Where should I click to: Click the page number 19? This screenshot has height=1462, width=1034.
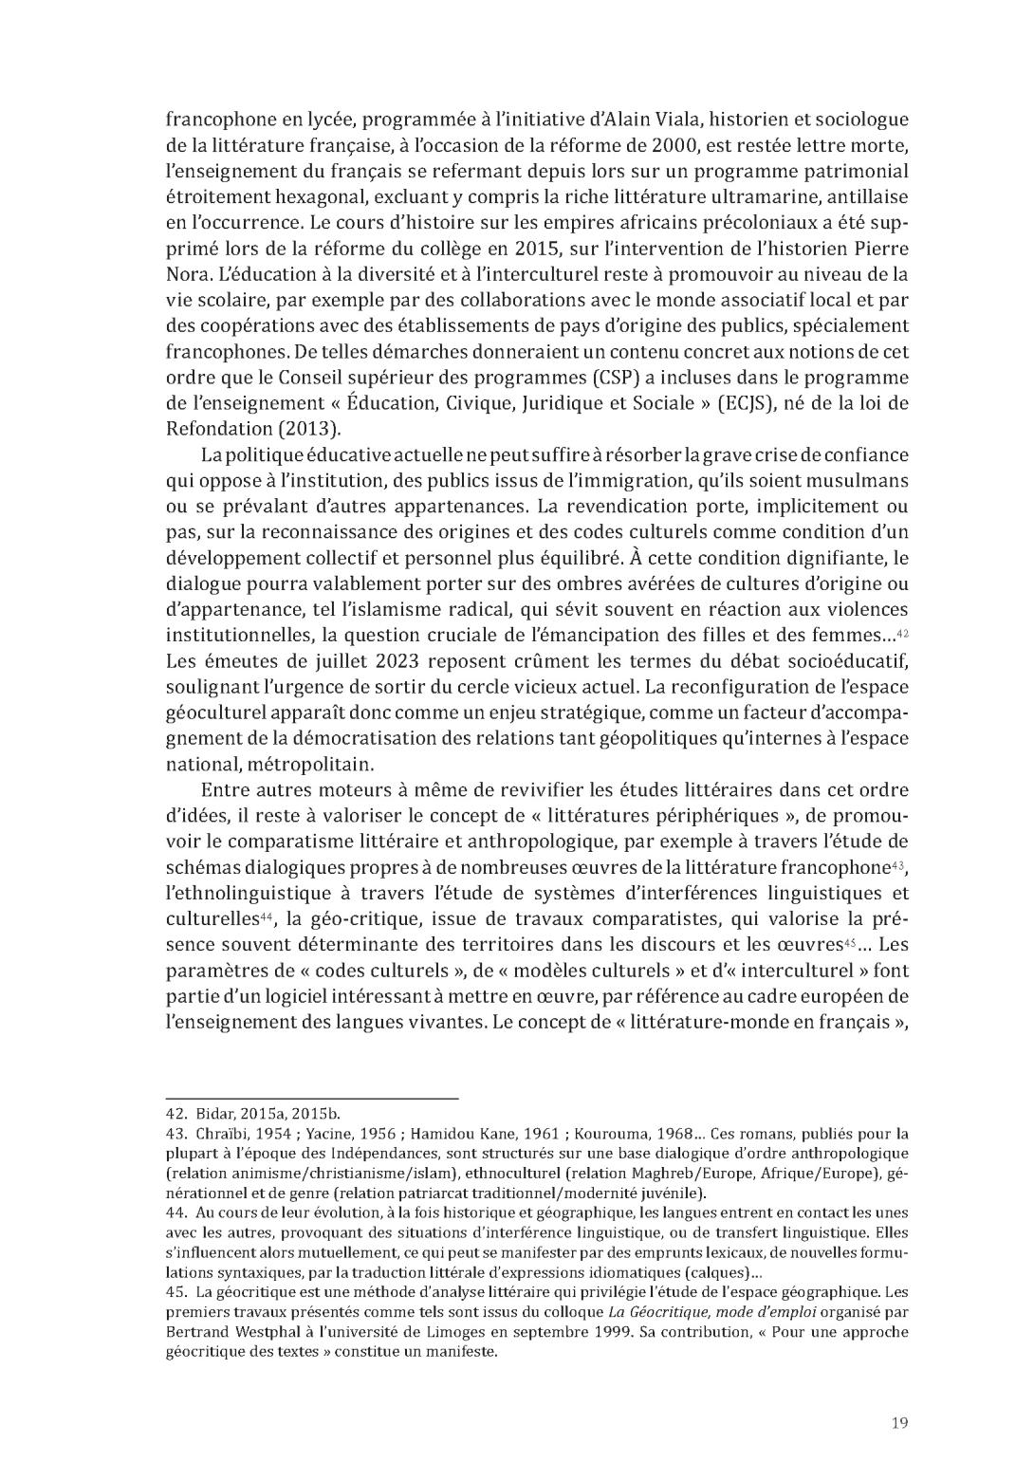(x=900, y=1421)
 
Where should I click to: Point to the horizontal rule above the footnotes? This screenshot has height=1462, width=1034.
(x=312, y=1098)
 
